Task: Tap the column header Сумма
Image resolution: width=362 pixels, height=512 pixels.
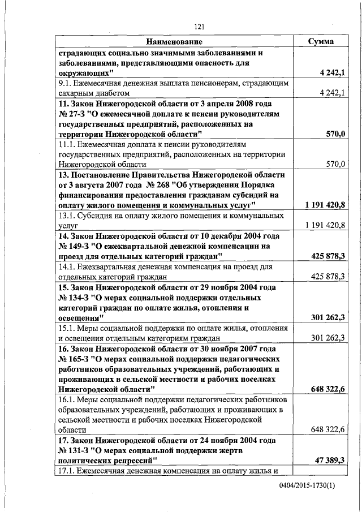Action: click(x=321, y=42)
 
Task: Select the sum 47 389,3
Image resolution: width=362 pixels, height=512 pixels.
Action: click(x=328, y=461)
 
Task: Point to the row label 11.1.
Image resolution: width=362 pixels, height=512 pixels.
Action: click(x=67, y=144)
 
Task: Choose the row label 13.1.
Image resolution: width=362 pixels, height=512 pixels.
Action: click(x=67, y=216)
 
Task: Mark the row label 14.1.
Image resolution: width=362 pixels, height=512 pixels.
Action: click(x=67, y=266)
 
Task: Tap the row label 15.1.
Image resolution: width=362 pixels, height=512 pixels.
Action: click(x=67, y=328)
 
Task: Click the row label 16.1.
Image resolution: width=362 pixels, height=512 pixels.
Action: click(x=67, y=400)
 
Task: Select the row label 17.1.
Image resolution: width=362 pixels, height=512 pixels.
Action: click(x=67, y=471)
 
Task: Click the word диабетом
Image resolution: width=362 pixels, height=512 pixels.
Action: click(x=111, y=93)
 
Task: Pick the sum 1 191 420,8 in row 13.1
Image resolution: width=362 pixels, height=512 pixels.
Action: click(x=325, y=226)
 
